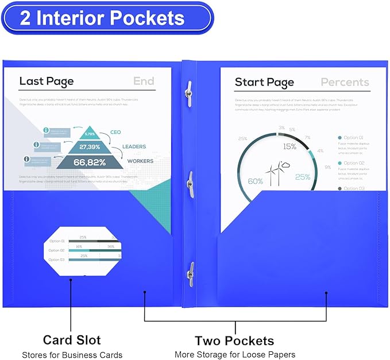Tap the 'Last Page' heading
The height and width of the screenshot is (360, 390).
pos(47,81)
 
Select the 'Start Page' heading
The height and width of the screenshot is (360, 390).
pos(264,82)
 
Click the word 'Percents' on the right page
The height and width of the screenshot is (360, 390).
pos(345,82)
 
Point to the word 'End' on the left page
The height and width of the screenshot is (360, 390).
pos(144,81)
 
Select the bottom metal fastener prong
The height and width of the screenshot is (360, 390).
pos(190,274)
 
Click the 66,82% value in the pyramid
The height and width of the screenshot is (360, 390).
pos(90,162)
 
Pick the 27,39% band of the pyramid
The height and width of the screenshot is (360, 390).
pos(91,146)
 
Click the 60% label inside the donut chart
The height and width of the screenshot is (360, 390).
pos(255,181)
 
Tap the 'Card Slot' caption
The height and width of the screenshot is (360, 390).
pos(72,340)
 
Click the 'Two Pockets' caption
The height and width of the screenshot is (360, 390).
pos(234,341)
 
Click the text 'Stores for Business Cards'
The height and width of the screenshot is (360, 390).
pos(72,355)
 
